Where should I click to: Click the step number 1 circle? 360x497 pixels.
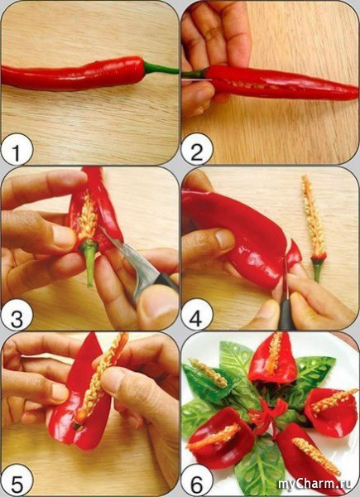coord(17,149)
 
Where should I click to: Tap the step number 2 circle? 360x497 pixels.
coord(197,149)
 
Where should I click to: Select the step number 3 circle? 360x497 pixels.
coord(17,315)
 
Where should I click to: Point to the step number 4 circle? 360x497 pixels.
coord(197,315)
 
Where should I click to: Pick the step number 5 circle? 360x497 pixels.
coord(17,480)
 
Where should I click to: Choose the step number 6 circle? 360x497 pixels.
coord(197,480)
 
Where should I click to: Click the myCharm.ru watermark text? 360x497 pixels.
coord(314,484)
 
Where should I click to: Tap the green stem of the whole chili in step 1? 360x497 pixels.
coord(161,68)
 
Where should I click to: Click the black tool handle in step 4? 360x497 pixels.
coord(286,314)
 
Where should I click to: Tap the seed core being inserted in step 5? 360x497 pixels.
coord(100,379)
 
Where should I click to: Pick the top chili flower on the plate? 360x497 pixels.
coord(273,358)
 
